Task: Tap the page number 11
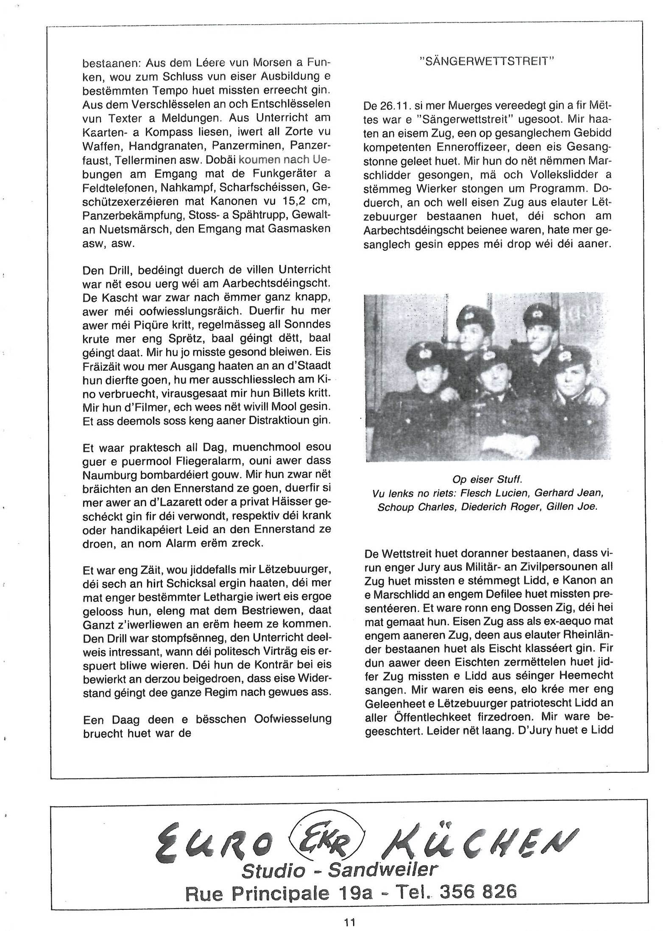coord(350,921)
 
